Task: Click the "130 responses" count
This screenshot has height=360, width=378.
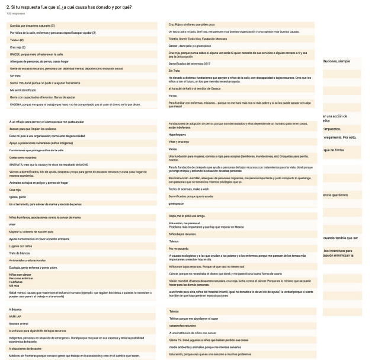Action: (x=12, y=13)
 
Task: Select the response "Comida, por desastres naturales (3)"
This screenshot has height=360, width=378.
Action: (x=33, y=26)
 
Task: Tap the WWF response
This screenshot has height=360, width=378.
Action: (x=12, y=225)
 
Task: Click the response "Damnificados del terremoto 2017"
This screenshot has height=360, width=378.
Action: (x=190, y=62)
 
